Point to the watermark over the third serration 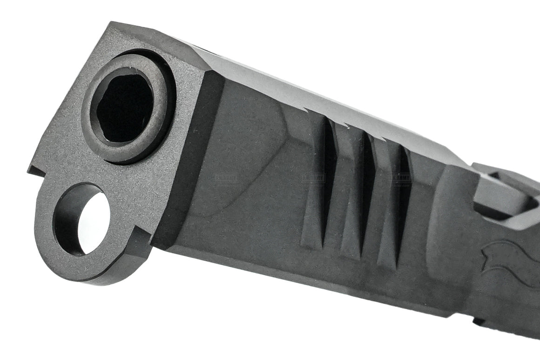400,177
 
